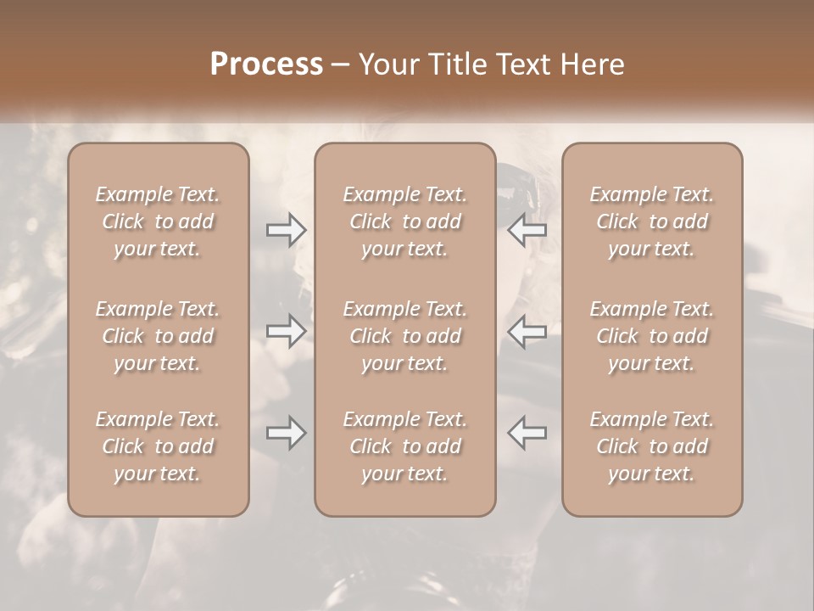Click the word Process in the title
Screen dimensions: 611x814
266,64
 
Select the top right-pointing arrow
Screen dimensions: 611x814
286,230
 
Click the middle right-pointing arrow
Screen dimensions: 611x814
286,331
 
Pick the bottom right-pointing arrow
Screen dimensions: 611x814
286,433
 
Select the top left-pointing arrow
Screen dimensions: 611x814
527,230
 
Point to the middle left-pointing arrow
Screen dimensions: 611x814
527,331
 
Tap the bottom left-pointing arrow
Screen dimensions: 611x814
527,433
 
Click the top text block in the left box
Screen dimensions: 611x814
158,221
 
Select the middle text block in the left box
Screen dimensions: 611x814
158,336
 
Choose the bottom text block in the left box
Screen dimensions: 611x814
158,446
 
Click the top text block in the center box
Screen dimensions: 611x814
404,221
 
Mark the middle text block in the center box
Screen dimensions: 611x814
404,336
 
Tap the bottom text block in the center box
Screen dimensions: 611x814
404,446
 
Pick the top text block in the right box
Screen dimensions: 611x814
651,221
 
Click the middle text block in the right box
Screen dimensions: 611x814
651,336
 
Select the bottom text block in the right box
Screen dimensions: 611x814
651,446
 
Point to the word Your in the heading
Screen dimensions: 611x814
387,64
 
